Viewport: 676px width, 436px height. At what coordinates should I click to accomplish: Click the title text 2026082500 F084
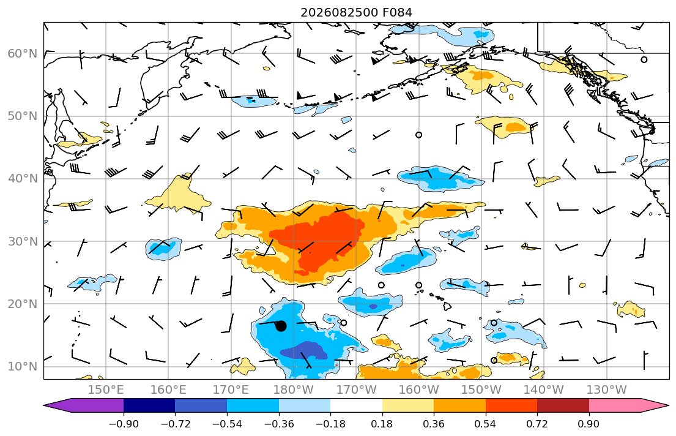[x=356, y=12]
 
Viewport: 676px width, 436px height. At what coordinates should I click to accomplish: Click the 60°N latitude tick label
[x=23, y=53]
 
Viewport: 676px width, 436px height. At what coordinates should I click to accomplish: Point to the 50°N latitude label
[x=23, y=116]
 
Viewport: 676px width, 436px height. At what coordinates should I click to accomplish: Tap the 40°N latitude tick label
[x=23, y=179]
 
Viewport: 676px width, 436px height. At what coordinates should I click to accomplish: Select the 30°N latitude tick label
[x=23, y=241]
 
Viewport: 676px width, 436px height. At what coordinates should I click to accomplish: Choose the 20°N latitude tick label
[x=23, y=304]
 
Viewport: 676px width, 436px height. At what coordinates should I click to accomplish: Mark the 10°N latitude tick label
[x=23, y=367]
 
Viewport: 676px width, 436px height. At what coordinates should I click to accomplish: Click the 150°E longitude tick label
[x=106, y=390]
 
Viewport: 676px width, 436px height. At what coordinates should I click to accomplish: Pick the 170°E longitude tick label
[x=231, y=390]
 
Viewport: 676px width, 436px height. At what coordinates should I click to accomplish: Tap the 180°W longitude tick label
[x=294, y=390]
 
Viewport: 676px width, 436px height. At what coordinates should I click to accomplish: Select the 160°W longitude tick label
[x=419, y=390]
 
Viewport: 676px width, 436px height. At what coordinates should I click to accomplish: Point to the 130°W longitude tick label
[x=607, y=390]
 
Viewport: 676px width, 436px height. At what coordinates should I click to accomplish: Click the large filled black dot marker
[x=281, y=326]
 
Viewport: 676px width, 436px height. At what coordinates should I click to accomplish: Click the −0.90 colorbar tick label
[x=124, y=424]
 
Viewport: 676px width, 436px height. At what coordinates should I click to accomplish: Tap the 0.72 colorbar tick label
[x=537, y=424]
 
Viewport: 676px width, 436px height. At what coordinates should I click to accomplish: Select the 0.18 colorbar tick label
[x=382, y=424]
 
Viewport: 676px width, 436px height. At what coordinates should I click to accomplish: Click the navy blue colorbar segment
[x=149, y=405]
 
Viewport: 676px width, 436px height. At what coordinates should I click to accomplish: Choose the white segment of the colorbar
[x=356, y=405]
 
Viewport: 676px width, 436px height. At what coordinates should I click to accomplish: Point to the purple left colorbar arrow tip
[x=44, y=405]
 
